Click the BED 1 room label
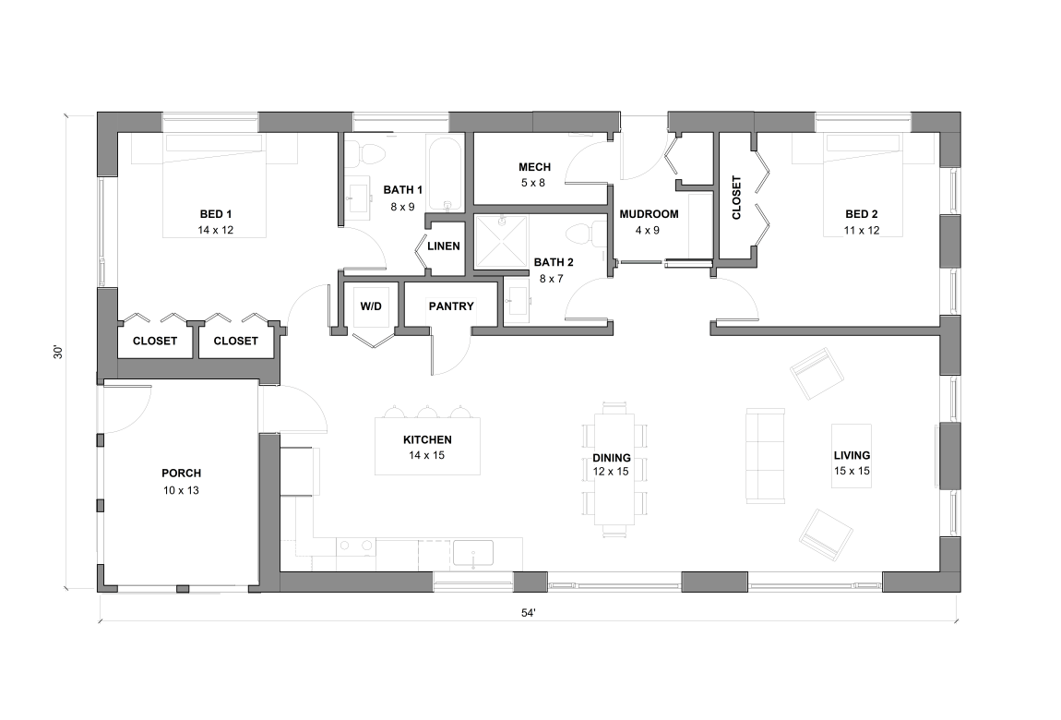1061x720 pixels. tap(214, 214)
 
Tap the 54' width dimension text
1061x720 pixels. tap(528, 612)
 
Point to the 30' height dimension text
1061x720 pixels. tap(57, 352)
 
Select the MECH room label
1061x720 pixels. tap(534, 167)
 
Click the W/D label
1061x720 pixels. tap(370, 306)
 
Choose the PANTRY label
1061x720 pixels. tap(451, 306)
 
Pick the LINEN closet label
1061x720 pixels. tap(444, 246)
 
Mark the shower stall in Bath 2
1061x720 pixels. tap(504, 241)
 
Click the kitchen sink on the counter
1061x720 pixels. tap(472, 554)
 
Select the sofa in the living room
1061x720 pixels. tap(765, 456)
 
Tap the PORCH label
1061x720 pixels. tap(181, 474)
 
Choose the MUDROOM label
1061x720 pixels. tap(649, 214)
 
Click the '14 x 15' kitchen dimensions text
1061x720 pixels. tap(426, 456)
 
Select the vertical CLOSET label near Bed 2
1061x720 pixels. tap(736, 197)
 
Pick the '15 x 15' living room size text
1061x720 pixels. tap(852, 471)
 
